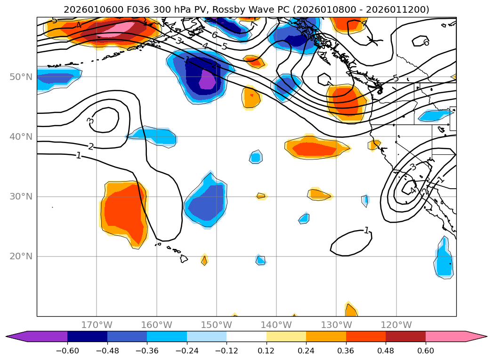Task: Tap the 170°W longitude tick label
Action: (x=97, y=325)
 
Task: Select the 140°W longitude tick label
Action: (x=276, y=325)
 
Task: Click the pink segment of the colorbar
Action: (x=445, y=336)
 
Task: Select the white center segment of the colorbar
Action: (x=246, y=336)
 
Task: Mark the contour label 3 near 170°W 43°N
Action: (x=90, y=121)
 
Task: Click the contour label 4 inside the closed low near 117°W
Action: (x=412, y=191)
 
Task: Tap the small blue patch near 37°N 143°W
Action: (x=255, y=157)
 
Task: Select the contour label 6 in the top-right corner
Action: (x=426, y=43)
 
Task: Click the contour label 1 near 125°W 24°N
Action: (x=366, y=231)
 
